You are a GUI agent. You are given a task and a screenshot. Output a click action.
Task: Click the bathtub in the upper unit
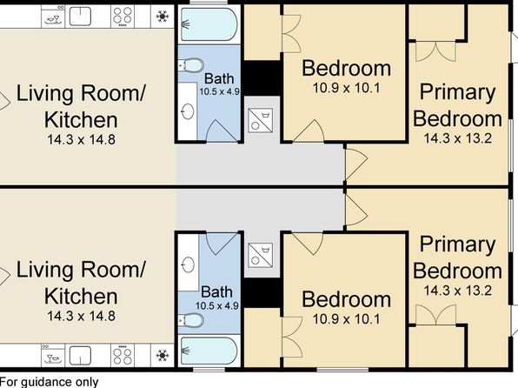pyautogui.click(x=209, y=24)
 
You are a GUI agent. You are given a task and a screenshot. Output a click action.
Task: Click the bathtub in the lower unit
pyautogui.click(x=209, y=351)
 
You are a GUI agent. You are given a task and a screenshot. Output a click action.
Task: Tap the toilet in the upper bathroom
pyautogui.click(x=191, y=65)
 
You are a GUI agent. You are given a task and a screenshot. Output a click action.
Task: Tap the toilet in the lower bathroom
pyautogui.click(x=191, y=320)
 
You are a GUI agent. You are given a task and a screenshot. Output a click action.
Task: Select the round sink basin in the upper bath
pyautogui.click(x=188, y=111)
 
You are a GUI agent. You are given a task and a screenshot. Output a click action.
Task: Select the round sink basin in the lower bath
pyautogui.click(x=188, y=264)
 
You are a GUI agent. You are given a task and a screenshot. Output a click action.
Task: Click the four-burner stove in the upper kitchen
pyautogui.click(x=123, y=16)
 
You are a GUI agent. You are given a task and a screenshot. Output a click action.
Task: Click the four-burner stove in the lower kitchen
pyautogui.click(x=123, y=356)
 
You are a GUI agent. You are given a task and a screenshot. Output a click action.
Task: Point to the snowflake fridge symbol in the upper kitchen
pyautogui.click(x=163, y=16)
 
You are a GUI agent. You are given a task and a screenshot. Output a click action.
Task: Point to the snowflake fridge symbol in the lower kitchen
pyautogui.click(x=163, y=355)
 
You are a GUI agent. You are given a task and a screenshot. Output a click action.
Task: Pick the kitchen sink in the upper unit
pyautogui.click(x=80, y=17)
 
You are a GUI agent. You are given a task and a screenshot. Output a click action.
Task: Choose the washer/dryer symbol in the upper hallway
pyautogui.click(x=261, y=120)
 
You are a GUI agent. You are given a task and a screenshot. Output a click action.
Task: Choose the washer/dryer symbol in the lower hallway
pyautogui.click(x=261, y=256)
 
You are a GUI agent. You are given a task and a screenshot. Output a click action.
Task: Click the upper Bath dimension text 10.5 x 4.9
pyautogui.click(x=219, y=91)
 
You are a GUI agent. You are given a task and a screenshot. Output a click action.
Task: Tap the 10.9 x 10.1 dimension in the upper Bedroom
pyautogui.click(x=346, y=88)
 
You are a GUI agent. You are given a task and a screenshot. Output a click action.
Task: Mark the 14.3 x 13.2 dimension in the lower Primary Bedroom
pyautogui.click(x=457, y=291)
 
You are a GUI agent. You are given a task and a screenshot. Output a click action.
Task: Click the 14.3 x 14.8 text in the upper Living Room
pyautogui.click(x=82, y=139)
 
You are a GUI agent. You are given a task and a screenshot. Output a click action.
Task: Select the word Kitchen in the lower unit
pyautogui.click(x=81, y=297)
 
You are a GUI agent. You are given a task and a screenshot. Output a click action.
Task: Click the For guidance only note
pyautogui.click(x=50, y=383)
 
